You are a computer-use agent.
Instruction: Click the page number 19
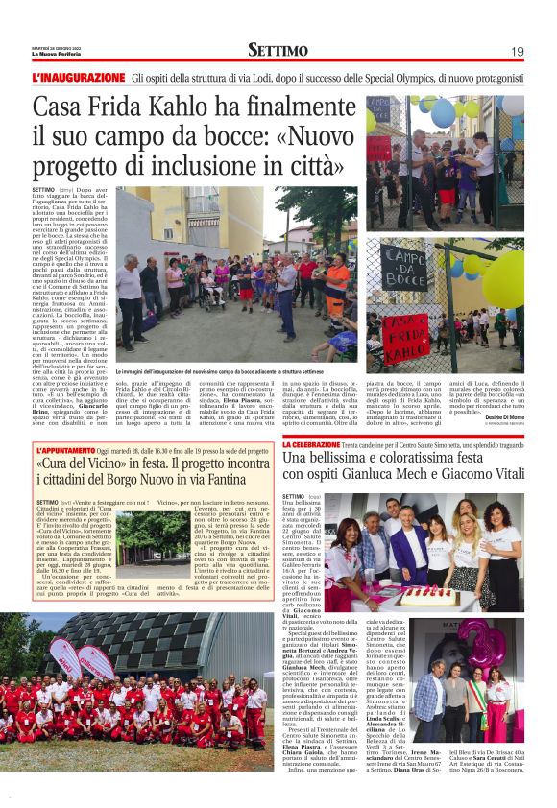point(517,51)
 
